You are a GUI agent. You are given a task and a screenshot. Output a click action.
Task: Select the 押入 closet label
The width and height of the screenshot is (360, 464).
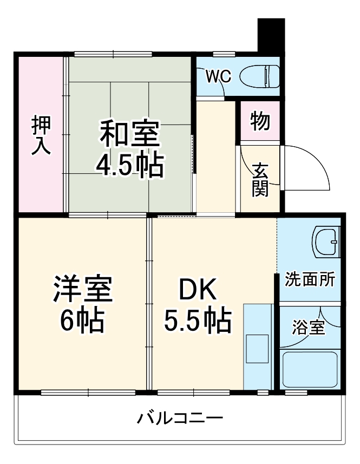coord(41,135)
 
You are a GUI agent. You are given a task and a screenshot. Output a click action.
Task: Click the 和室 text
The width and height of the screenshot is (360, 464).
coord(129,135)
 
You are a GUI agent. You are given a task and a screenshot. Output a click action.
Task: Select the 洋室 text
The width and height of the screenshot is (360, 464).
coord(82,291)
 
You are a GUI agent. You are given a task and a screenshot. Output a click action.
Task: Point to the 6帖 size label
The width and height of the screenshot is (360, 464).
coord(82,322)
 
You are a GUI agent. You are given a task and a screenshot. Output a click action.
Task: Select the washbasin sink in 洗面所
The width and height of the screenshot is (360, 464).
coord(326,242)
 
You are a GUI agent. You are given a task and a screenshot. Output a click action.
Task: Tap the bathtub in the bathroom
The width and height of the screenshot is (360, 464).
coord(310,369)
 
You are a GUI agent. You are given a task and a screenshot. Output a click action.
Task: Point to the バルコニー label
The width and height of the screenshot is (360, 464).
coord(180,419)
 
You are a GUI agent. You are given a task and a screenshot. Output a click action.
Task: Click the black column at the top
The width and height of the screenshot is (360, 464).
coord(271,35)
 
